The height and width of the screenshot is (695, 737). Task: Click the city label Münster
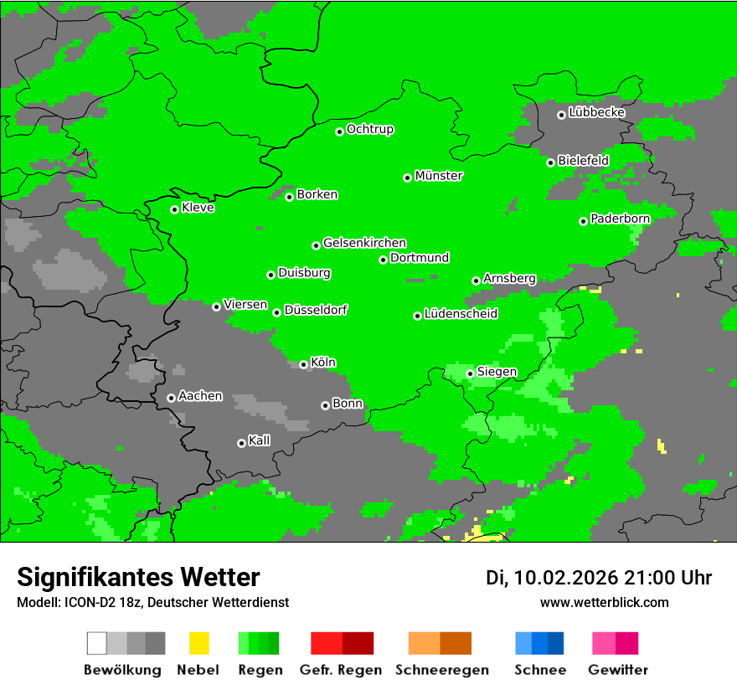point(439,176)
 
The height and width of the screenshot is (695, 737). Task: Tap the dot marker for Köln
point(304,364)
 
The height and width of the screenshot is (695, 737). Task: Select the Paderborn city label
point(621,219)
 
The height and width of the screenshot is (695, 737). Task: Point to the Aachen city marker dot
point(171,398)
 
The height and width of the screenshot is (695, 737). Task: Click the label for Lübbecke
point(597,112)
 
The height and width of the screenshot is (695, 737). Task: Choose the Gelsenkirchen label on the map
point(364,243)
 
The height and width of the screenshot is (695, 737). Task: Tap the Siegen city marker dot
point(470,373)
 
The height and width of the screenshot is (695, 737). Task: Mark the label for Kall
point(260,440)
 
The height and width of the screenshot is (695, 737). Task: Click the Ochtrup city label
point(370,130)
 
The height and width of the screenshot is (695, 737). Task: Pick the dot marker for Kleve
point(175,209)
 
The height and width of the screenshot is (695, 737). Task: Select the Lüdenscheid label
point(461,314)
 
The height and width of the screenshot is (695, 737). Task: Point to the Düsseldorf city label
point(316,310)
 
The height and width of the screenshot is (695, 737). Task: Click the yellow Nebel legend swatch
point(198,643)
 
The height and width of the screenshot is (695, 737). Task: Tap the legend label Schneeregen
point(441,670)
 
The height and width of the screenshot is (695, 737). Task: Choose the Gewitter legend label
point(618,670)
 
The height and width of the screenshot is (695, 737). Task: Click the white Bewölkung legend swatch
point(97,643)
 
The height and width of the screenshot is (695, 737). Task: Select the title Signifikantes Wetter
point(138,577)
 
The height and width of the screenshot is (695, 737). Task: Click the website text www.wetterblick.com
point(604,602)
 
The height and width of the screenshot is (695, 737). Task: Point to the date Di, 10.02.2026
point(552,578)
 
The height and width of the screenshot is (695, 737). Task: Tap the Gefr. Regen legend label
point(341,670)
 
